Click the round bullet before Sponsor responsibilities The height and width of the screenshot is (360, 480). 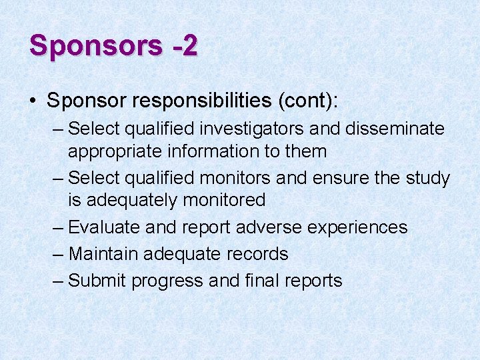click(x=33, y=101)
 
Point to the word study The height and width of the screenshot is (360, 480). click(x=427, y=179)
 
